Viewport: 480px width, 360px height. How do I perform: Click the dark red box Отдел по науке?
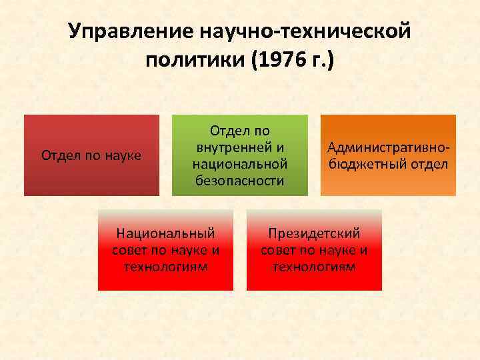tap(91, 155)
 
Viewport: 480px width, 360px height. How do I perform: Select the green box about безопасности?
tap(240, 155)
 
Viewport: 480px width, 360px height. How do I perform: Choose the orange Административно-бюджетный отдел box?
tap(388, 155)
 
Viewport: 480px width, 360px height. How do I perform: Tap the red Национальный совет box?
tap(165, 250)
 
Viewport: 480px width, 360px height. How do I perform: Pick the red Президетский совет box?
tap(314, 250)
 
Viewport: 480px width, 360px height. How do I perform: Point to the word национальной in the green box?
tap(240, 163)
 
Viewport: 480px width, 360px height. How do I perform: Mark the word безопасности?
tap(240, 180)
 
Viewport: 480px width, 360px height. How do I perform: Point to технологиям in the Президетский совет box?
tap(314, 267)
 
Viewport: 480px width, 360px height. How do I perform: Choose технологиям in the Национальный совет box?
tap(165, 267)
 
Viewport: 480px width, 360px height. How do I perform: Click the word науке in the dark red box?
tap(123, 156)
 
